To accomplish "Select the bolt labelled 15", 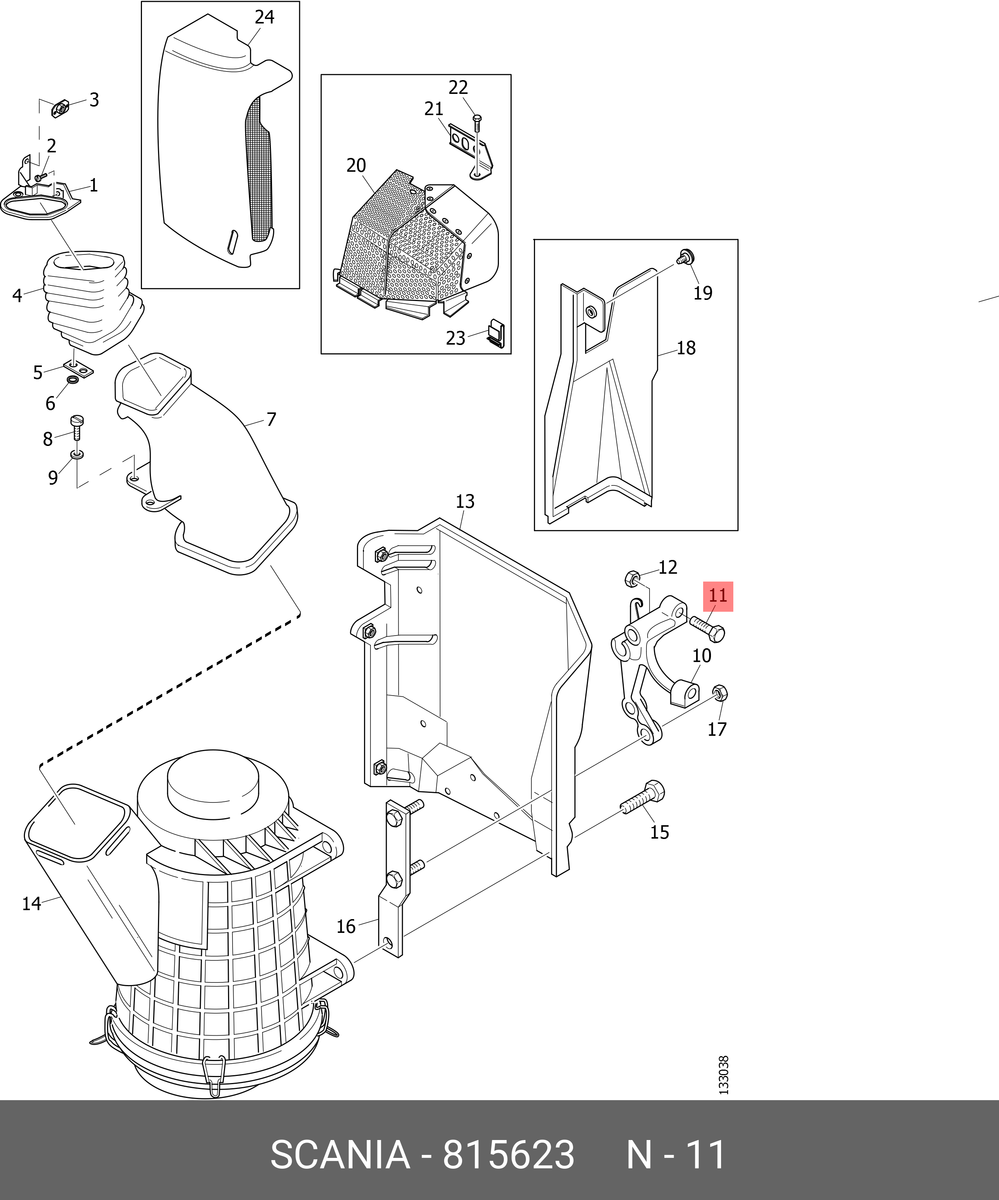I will click(x=643, y=800).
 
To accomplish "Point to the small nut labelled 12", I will click(x=632, y=579).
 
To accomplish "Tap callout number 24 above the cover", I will click(x=264, y=17).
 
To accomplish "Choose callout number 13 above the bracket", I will click(x=465, y=501).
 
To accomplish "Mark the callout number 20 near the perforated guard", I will click(x=356, y=165).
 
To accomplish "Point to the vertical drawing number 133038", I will click(x=724, y=1075).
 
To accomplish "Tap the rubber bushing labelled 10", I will click(x=686, y=693).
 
